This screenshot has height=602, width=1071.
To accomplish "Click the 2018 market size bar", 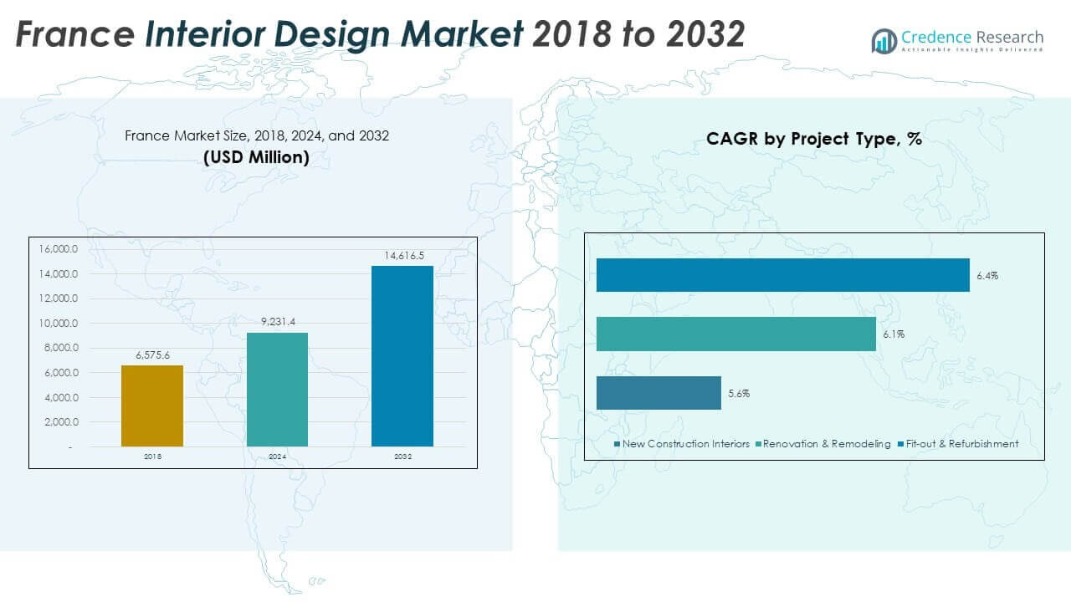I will pos(152,406).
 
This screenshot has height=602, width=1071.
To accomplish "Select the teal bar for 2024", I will pos(277,390).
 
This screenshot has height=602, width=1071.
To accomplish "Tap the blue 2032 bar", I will pos(402,356).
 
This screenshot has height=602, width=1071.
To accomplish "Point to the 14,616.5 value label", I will pos(402,255).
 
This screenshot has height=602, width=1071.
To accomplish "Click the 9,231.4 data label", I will pos(277,322).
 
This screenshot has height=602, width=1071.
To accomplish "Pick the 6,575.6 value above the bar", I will pos(152,355).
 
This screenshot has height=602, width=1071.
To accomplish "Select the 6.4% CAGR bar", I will pos(782,275).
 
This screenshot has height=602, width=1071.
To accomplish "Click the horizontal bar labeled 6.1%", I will pos(735,334).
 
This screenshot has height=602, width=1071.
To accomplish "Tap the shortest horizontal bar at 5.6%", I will pos(658,393).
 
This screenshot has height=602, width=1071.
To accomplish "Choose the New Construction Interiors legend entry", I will pos(682,444).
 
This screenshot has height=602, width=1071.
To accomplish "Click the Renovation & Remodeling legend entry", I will pos(823,444).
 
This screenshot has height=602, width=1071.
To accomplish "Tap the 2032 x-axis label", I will pos(402,457).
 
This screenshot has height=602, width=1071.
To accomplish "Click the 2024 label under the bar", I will pos(277,457).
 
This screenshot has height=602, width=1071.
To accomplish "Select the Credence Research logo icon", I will pos(884,40).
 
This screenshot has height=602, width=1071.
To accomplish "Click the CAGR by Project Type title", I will pos(813,139).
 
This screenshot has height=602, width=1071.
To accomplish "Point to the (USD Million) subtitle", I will pos(256,156).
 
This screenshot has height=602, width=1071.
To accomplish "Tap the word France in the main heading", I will pos(74,34).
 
